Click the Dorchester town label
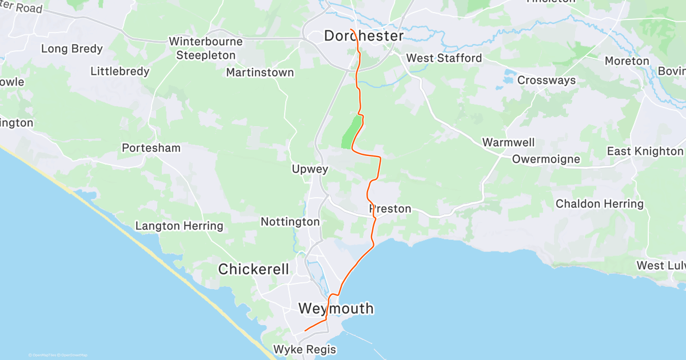tap(364, 36)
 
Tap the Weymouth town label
tap(336, 309)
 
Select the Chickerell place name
tap(254, 269)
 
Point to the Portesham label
tap(151, 148)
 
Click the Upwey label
tap(310, 169)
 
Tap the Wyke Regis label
tap(304, 349)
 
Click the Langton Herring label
tap(179, 226)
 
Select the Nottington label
tap(290, 221)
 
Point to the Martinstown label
tap(260, 73)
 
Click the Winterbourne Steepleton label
tap(206, 49)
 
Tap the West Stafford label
tap(444, 58)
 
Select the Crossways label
tap(547, 81)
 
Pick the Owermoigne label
tap(546, 159)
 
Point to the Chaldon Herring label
tap(600, 204)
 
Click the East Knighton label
tap(645, 151)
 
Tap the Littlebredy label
tap(120, 71)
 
